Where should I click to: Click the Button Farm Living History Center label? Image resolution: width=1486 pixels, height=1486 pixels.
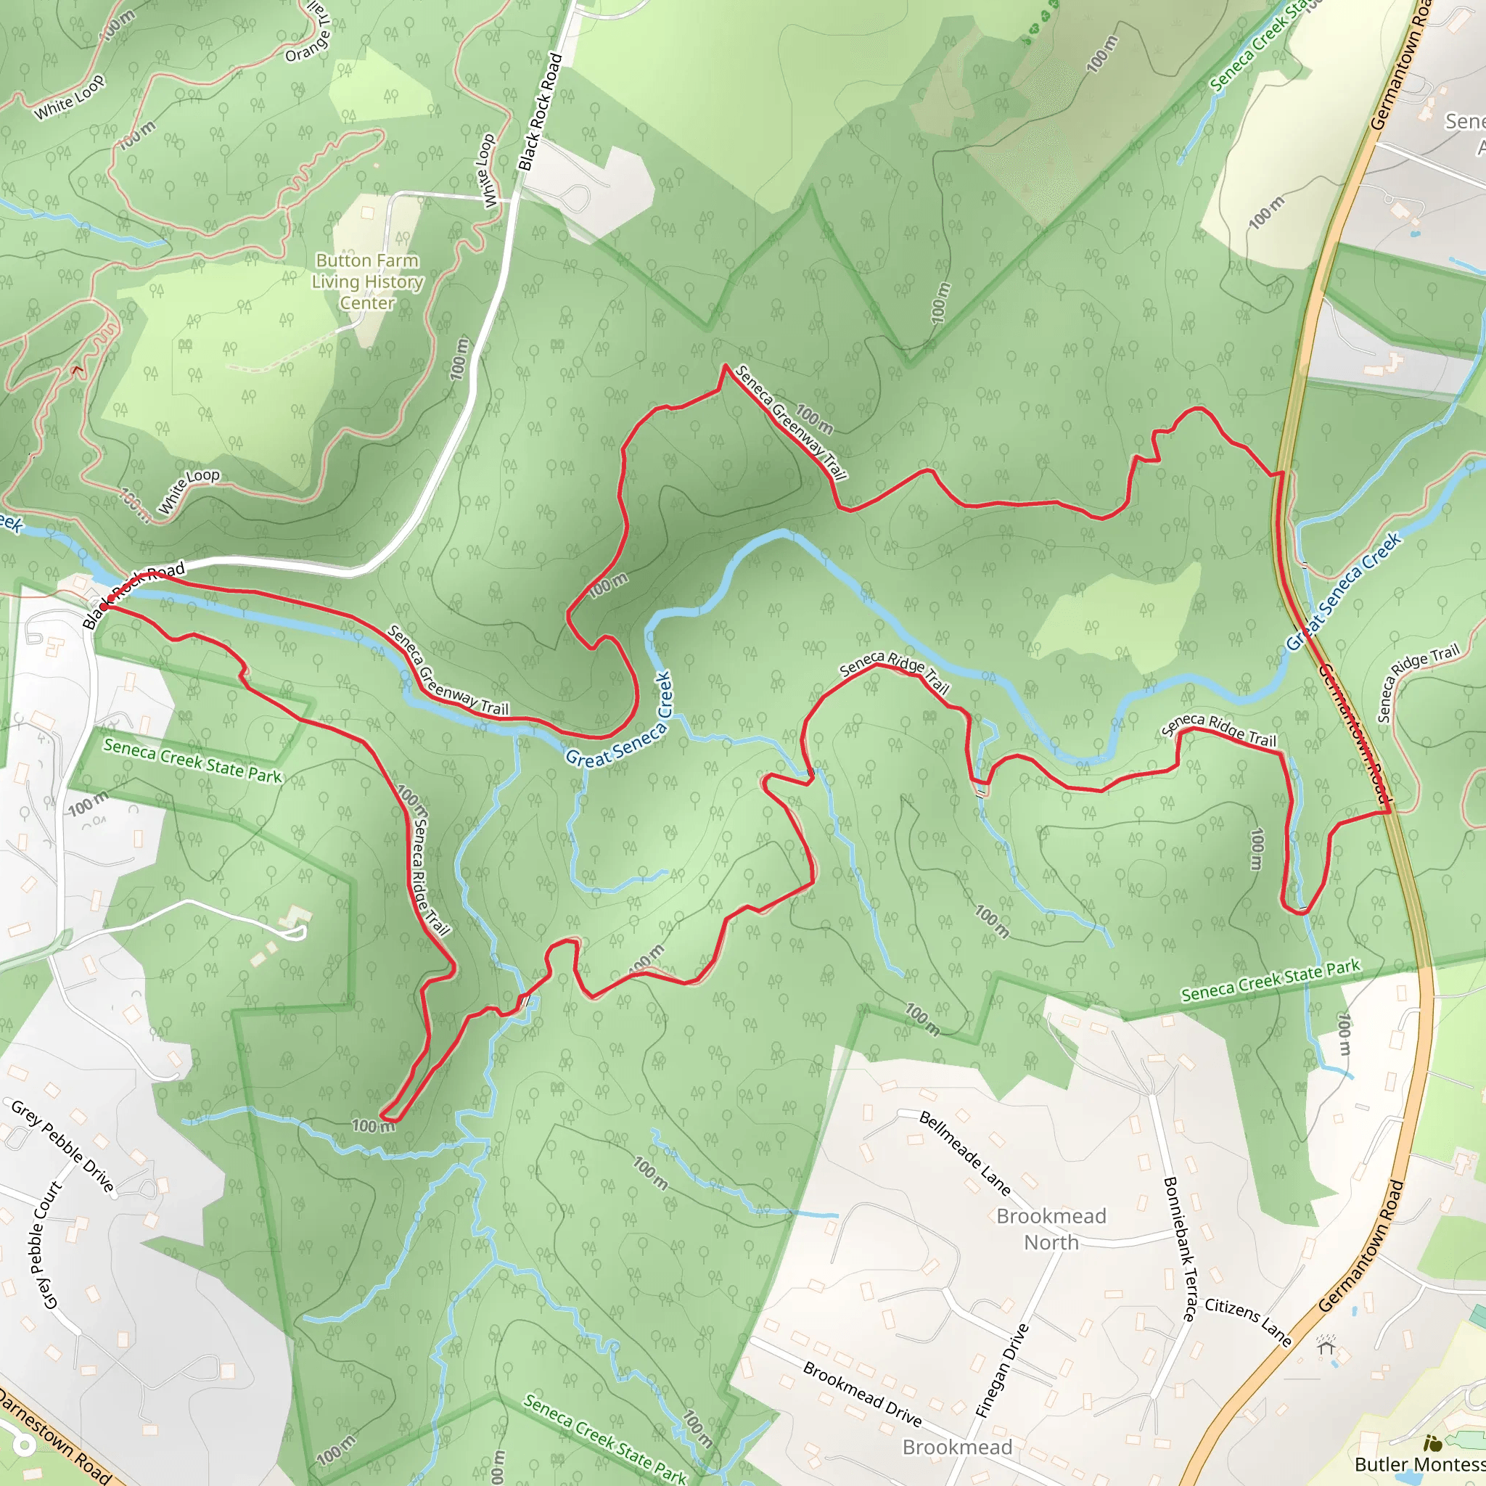pyautogui.click(x=367, y=282)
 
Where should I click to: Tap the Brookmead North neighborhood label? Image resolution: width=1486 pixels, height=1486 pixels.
pyautogui.click(x=1051, y=1229)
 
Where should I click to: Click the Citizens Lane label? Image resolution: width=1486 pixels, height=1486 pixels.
pyautogui.click(x=1247, y=1321)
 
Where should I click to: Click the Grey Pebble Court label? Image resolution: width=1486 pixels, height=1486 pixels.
pyautogui.click(x=46, y=1245)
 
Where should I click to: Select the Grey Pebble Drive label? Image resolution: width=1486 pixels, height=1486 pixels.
pyautogui.click(x=63, y=1145)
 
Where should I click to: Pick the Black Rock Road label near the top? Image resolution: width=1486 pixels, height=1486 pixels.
pyautogui.click(x=540, y=112)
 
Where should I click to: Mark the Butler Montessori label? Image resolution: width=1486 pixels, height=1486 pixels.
pyautogui.click(x=1419, y=1464)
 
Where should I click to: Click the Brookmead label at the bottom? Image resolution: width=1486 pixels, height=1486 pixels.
pyautogui.click(x=957, y=1448)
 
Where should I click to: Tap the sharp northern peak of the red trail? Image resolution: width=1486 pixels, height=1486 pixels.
pyautogui.click(x=725, y=366)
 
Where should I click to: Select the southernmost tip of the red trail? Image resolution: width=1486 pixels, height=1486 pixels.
pyautogui.click(x=382, y=1115)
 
